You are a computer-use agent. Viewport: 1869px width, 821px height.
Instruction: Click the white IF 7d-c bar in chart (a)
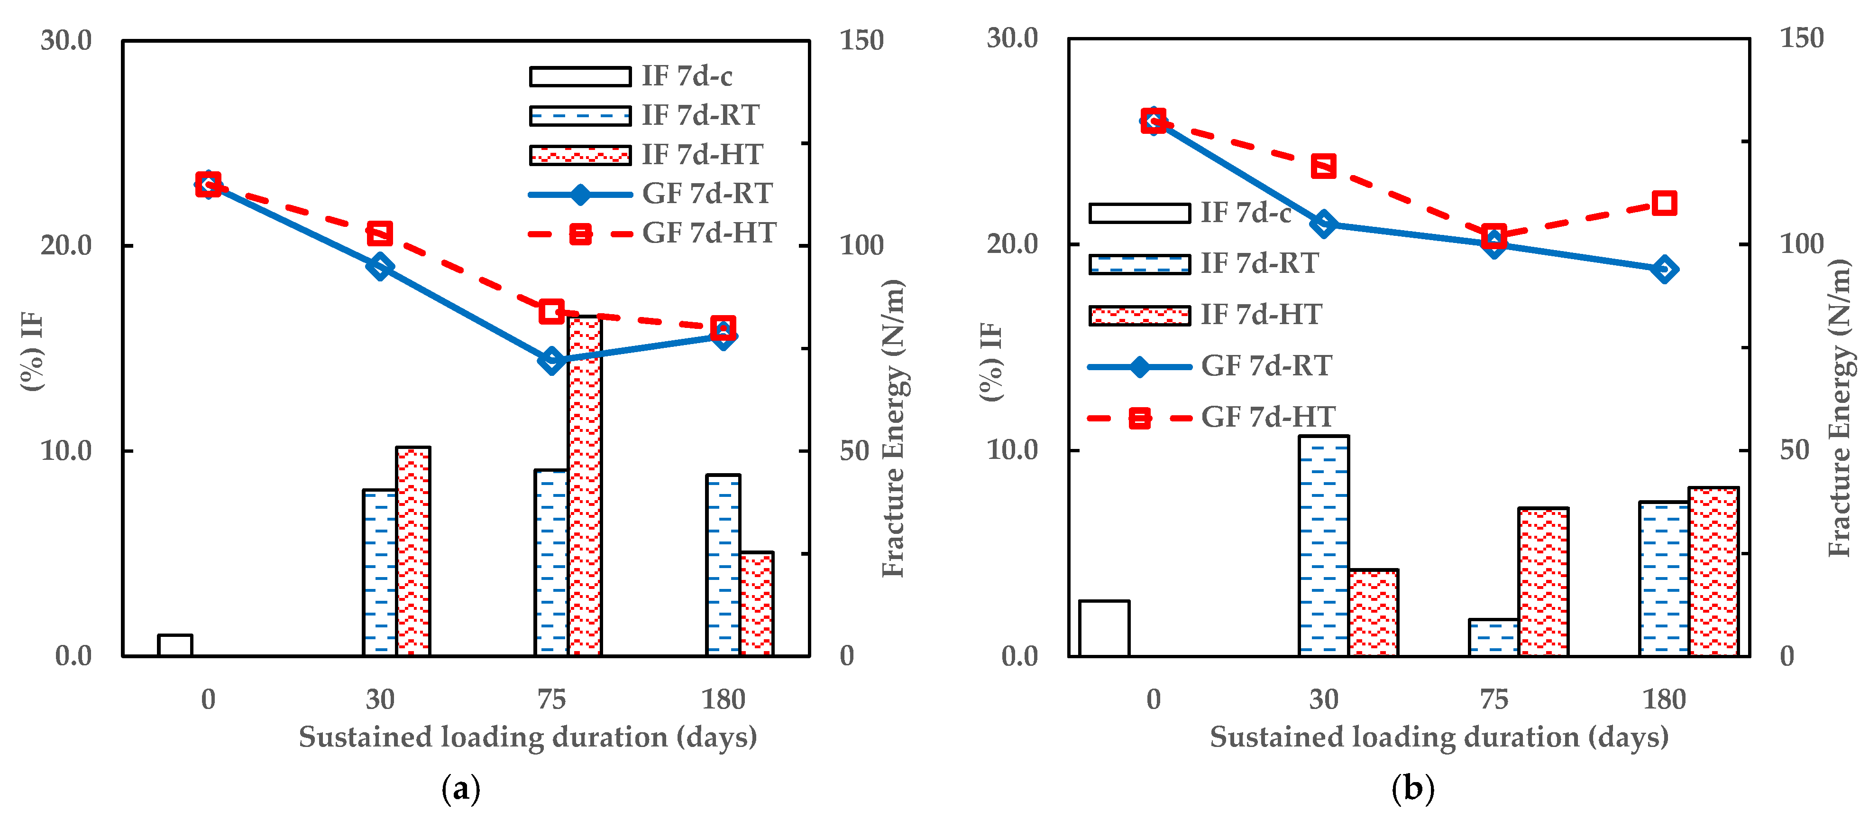[x=175, y=645]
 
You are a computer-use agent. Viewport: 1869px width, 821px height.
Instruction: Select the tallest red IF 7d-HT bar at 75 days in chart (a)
[x=585, y=486]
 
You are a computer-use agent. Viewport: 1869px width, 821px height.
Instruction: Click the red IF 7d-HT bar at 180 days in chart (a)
[x=757, y=604]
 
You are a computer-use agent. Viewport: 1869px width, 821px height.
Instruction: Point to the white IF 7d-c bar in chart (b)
[x=1104, y=628]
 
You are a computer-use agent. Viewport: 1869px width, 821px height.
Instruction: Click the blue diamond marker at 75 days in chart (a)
[x=551, y=359]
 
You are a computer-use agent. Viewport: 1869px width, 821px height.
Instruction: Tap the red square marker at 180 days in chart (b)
[x=1664, y=203]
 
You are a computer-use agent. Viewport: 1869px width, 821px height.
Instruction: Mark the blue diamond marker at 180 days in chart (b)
[x=1664, y=269]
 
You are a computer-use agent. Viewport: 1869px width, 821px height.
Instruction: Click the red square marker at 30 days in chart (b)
[x=1323, y=166]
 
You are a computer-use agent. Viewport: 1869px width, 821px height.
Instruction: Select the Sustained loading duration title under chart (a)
[x=528, y=737]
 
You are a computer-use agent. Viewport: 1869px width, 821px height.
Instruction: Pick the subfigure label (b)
[x=1412, y=788]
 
